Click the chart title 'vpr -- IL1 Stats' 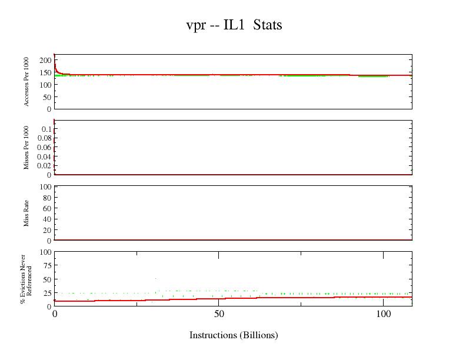(234, 25)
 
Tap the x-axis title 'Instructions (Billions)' (234, 335)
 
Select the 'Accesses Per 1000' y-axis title (27, 82)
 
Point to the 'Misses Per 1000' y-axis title (27, 147)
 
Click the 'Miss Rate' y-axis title (27, 213)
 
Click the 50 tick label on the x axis (219, 314)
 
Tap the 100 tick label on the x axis (383, 314)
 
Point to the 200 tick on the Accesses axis (45, 60)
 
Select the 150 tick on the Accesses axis (45, 72)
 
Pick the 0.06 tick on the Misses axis (44, 147)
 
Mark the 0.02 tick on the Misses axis (44, 166)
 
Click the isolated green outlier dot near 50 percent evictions (155, 278)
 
